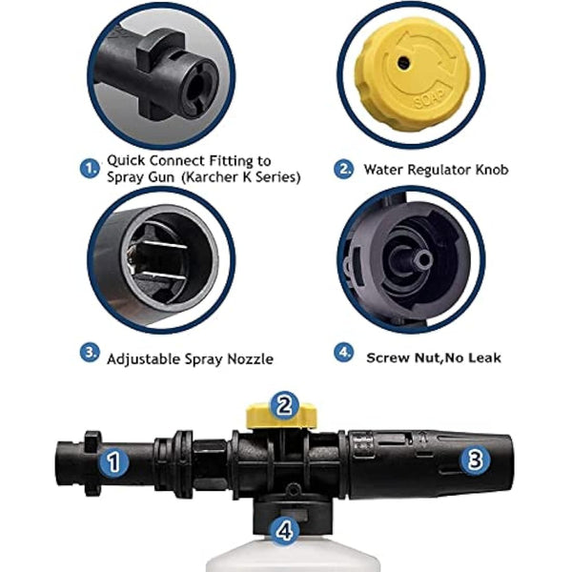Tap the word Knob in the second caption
pos(491,170)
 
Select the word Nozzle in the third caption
pos(250,359)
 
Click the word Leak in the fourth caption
pos(484,357)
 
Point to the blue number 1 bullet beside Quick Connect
pos(90,169)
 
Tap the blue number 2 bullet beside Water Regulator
pos(343,169)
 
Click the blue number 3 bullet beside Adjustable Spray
pos(90,353)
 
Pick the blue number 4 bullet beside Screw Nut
pos(343,353)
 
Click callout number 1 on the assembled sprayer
pos(114,462)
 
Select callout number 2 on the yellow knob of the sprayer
pos(284,406)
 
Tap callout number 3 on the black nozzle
pos(475,460)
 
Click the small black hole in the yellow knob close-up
pos(403,61)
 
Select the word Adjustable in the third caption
pos(144,359)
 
